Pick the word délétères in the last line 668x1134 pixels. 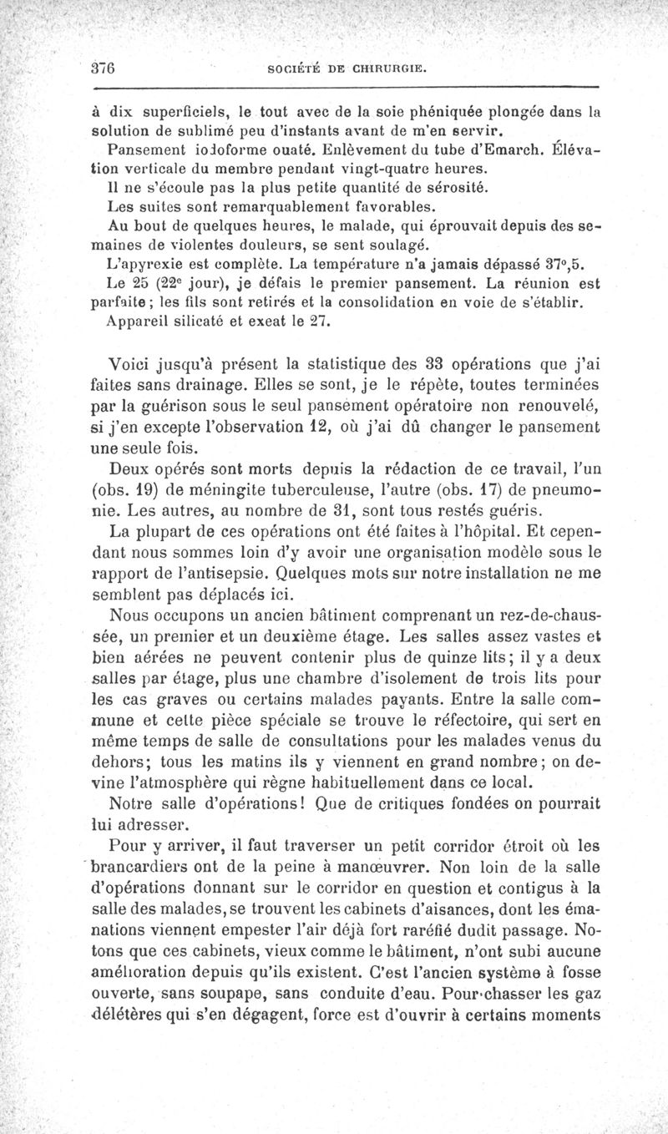click(x=156, y=1015)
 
